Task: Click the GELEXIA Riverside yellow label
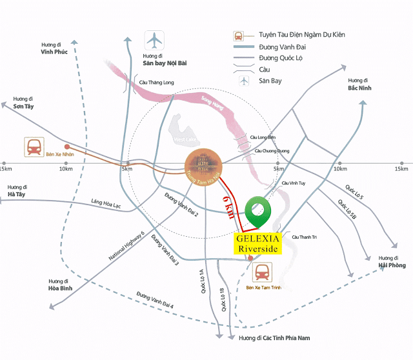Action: (x=258, y=243)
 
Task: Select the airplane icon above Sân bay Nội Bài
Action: (x=155, y=40)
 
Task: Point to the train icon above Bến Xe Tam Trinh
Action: (x=263, y=272)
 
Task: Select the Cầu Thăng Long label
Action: (x=156, y=82)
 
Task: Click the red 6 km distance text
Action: (x=228, y=207)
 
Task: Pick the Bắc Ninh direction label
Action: (x=358, y=88)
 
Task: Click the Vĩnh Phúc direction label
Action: (x=55, y=50)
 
